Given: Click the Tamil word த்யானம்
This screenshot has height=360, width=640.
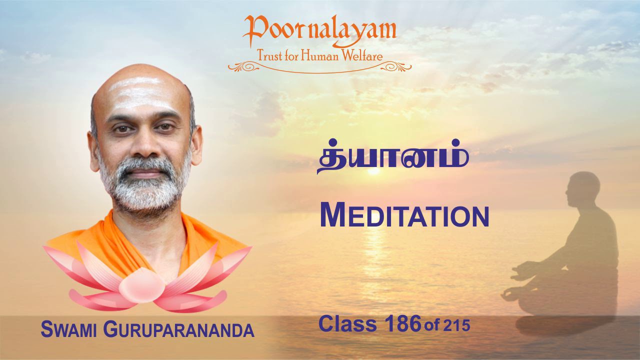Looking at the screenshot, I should tap(393, 160).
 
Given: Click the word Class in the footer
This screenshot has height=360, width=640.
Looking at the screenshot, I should tap(347, 324).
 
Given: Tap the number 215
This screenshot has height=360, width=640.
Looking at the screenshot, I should tap(456, 326).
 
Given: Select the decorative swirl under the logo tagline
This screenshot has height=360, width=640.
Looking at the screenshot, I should tap(319, 67).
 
